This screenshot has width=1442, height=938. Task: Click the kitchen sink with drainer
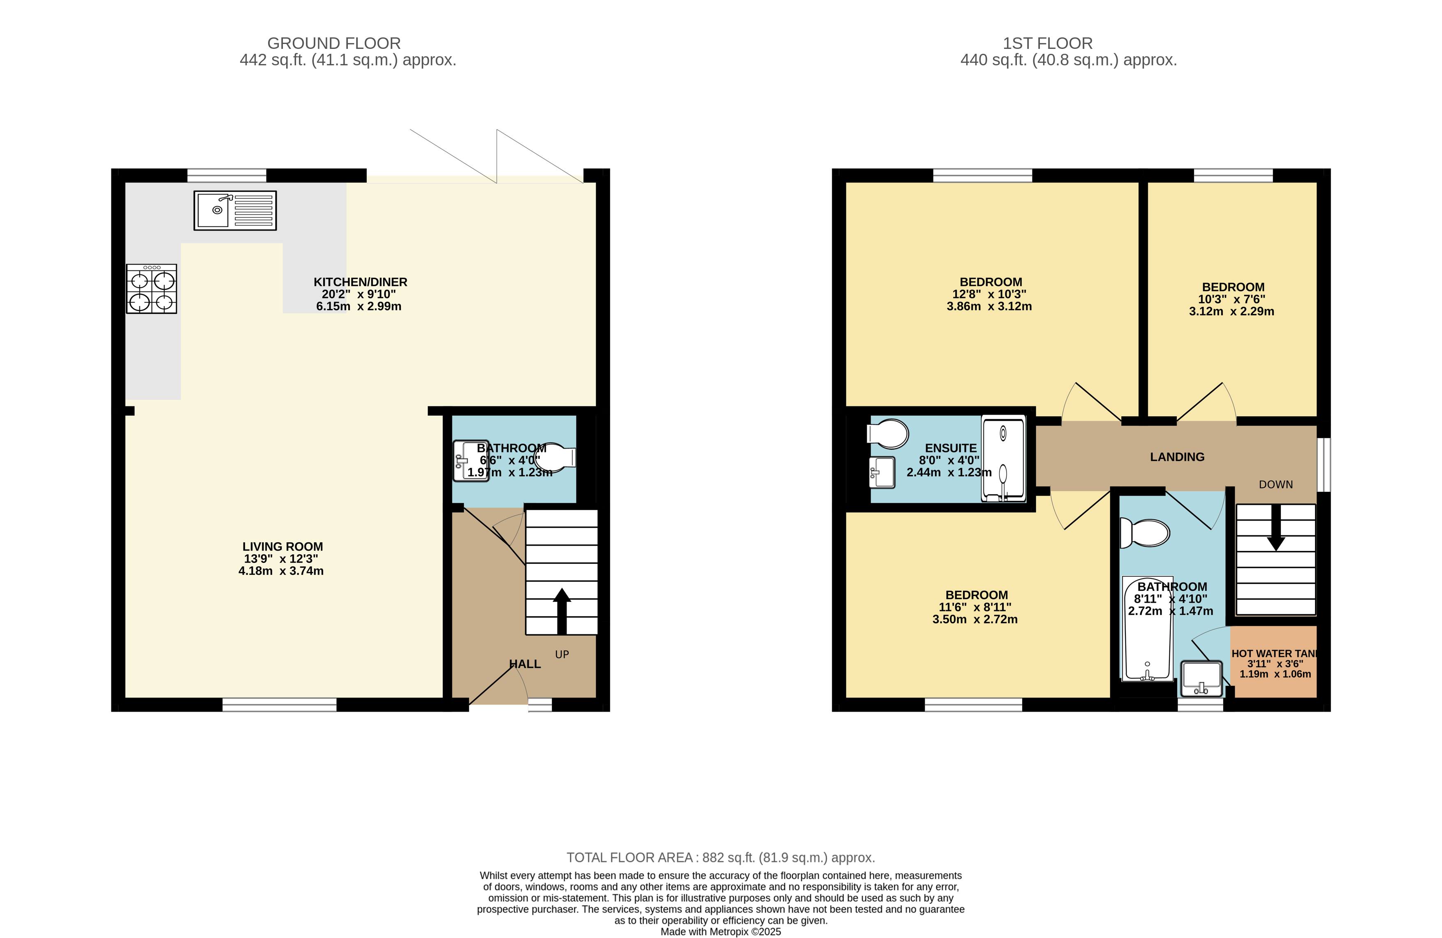235,210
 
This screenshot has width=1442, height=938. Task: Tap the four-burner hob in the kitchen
151,289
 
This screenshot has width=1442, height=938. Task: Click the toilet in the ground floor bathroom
554,458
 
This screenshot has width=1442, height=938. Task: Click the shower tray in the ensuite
1003,459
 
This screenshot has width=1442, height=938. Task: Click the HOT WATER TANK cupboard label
1275,653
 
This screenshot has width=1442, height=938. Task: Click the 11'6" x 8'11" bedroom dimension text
975,607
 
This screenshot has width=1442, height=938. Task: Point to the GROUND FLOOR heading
334,44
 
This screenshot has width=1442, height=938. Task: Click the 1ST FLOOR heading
1048,44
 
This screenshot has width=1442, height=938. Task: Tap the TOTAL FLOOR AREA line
720,857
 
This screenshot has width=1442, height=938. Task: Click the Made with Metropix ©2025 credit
720,931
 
